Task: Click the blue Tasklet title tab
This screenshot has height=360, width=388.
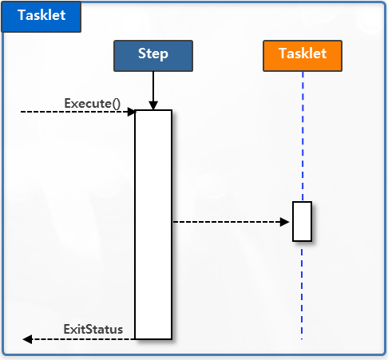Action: [x=42, y=16]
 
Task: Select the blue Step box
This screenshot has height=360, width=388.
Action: [x=152, y=54]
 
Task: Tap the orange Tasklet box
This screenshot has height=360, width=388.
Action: [x=303, y=54]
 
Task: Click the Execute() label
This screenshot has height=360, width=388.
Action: [x=92, y=103]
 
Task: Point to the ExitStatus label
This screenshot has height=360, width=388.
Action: [x=93, y=330]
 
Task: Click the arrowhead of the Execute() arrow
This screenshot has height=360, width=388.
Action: [x=131, y=113]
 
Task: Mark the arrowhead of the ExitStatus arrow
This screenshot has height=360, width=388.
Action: [x=27, y=339]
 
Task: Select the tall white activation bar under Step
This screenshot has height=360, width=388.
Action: [x=153, y=224]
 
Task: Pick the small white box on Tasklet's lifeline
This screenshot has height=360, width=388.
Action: [x=302, y=221]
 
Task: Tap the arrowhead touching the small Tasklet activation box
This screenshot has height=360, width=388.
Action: [x=287, y=222]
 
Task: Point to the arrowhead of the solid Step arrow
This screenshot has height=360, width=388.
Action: [x=152, y=105]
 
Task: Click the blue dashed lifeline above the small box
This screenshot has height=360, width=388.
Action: [x=303, y=136]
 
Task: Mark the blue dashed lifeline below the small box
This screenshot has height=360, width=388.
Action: [x=303, y=287]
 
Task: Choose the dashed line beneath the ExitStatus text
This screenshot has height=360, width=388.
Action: [x=80, y=339]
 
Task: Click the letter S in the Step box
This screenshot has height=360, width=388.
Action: [x=142, y=54]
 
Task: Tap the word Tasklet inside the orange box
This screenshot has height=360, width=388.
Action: [x=303, y=54]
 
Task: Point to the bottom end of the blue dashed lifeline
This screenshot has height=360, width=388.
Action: [x=303, y=338]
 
